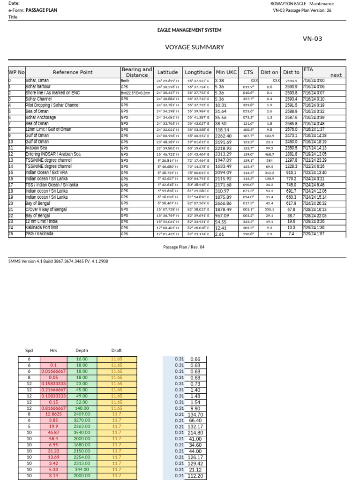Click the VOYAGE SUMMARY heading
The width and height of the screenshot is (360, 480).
pos(194,47)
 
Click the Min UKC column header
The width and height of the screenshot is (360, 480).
pos(226,72)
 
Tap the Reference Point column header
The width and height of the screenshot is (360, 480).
pos(73,72)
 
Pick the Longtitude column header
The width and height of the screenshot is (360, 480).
pos(198,72)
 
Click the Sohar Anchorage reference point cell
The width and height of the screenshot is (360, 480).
pos(41,117)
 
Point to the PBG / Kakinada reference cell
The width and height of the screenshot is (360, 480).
pos(39,233)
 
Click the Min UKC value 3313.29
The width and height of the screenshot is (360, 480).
pos(224,154)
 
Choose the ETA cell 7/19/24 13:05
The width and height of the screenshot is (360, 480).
pos(317,154)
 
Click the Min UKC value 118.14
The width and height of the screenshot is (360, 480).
pos(222,129)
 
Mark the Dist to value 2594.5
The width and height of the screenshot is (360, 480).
pos(291,81)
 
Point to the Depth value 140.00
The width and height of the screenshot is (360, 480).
pos(82,408)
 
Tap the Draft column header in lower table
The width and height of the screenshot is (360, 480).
pos(116,350)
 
